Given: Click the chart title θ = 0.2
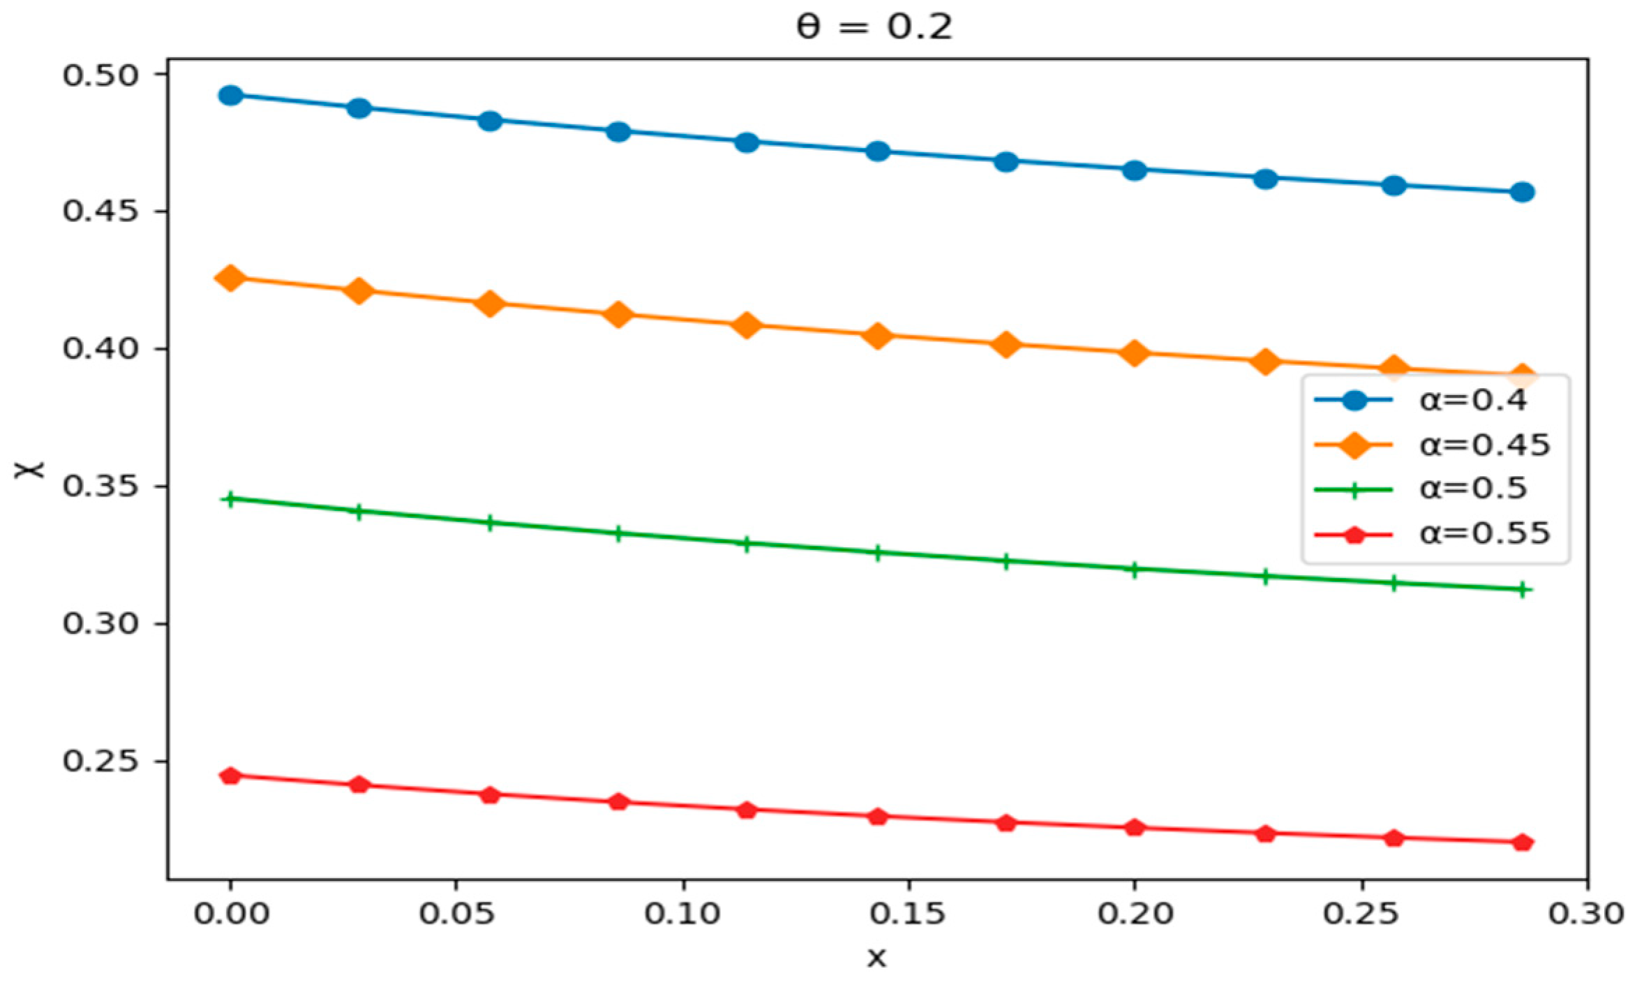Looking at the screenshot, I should click(x=874, y=28).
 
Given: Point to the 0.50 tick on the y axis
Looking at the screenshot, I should click(x=101, y=75).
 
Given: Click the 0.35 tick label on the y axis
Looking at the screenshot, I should click(x=101, y=487).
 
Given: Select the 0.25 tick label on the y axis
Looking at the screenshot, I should click(x=101, y=762).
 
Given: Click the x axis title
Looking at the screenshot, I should click(x=876, y=958).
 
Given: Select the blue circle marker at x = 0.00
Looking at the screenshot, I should click(x=230, y=96).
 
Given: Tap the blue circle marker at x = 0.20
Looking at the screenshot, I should click(x=1135, y=170).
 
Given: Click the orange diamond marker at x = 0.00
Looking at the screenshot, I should click(x=230, y=278).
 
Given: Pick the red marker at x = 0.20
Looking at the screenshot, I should click(x=1135, y=828).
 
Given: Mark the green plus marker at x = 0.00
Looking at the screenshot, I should click(x=230, y=499).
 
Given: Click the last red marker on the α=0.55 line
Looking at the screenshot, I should click(x=1523, y=843).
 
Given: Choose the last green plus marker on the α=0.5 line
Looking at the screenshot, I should click(x=1523, y=590).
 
